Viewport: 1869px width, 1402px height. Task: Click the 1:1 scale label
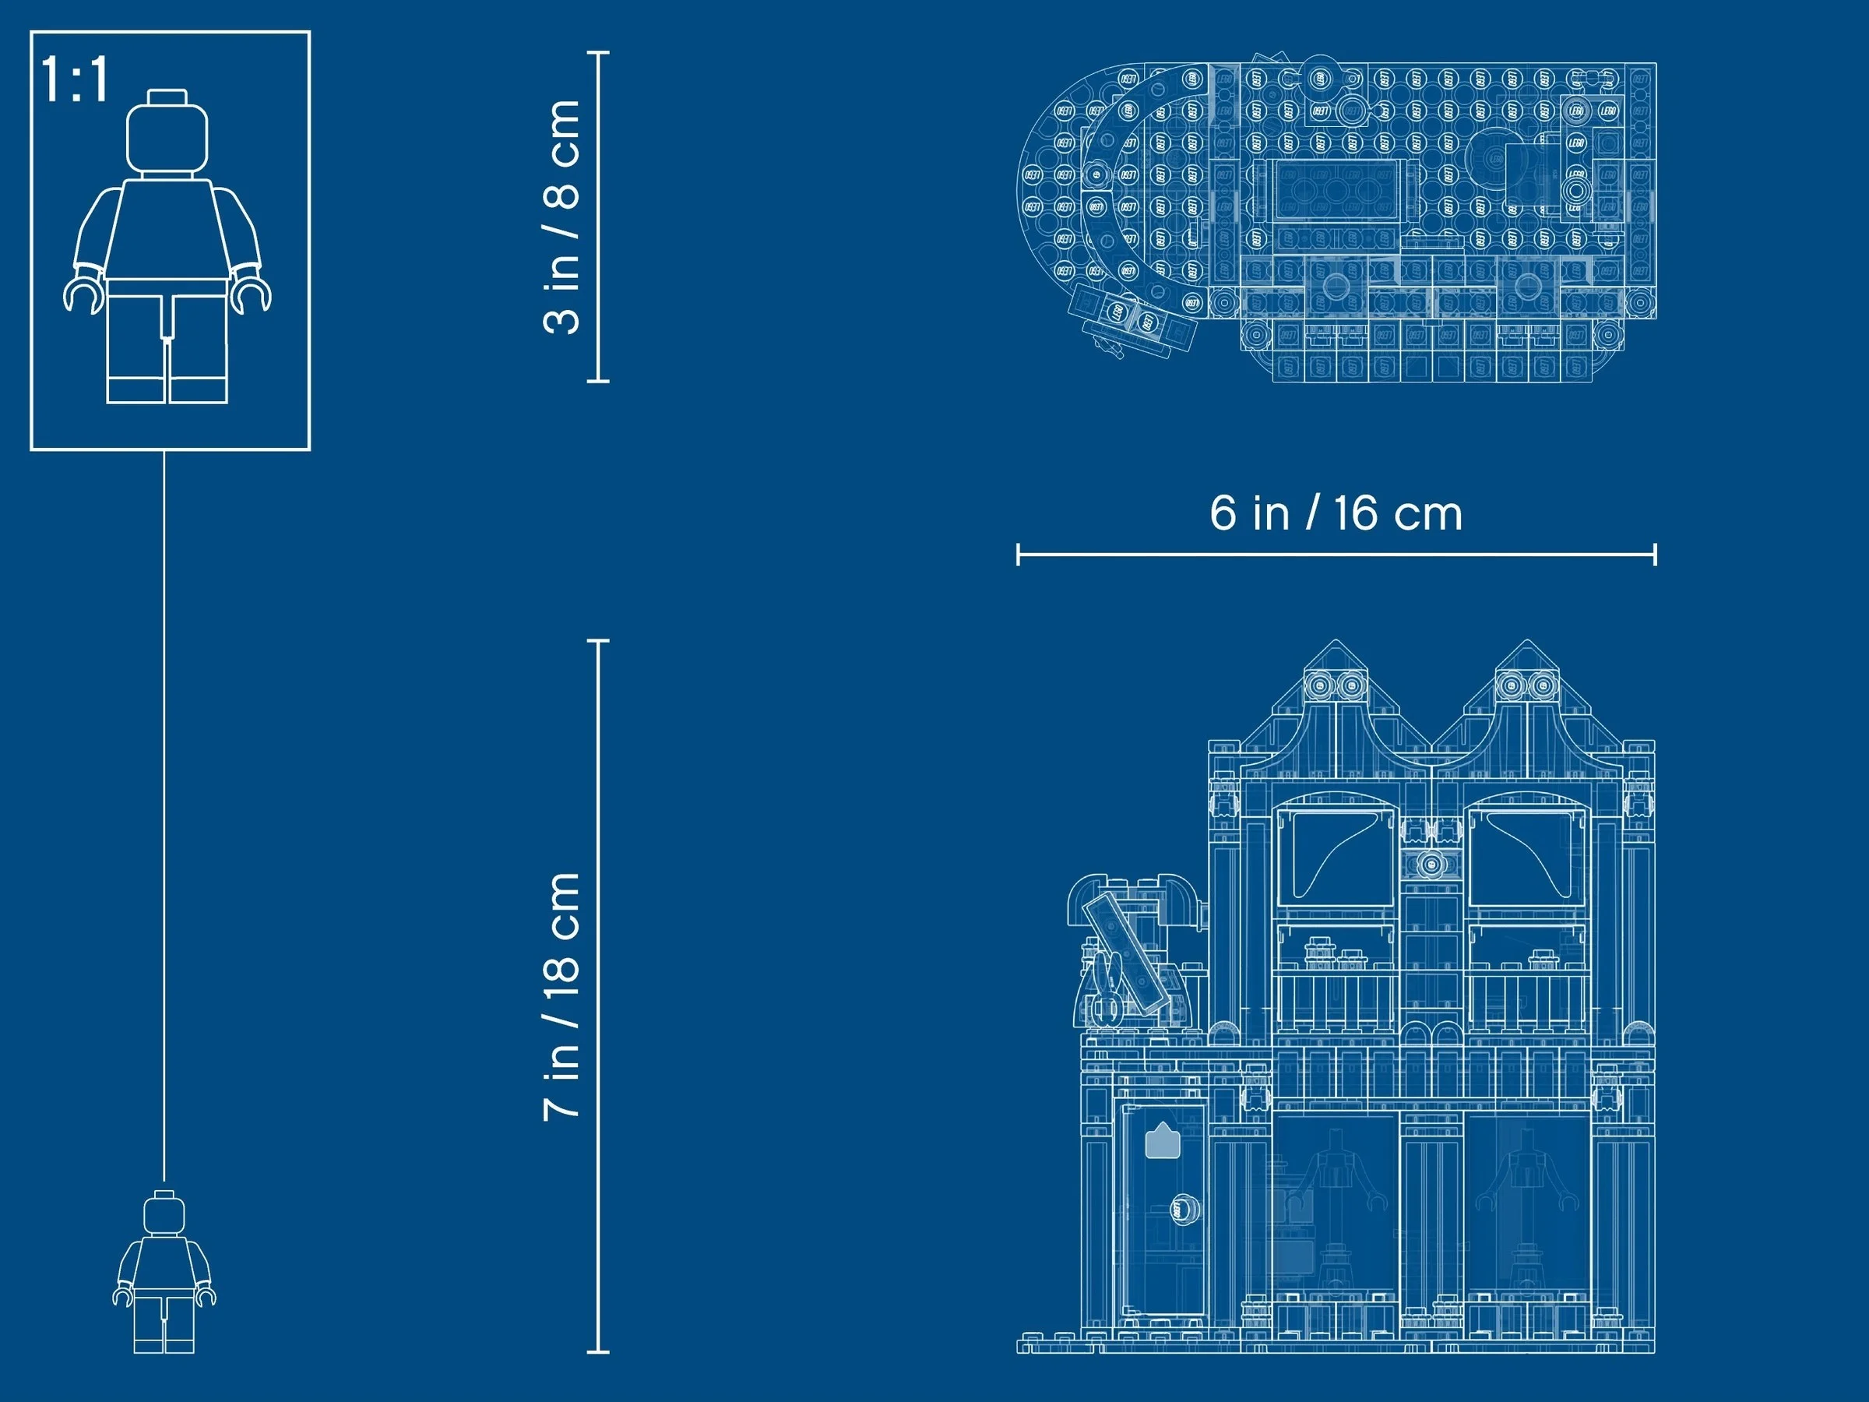point(74,81)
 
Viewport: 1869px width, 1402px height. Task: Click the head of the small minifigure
point(164,1214)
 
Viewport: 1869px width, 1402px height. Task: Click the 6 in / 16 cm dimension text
point(1336,513)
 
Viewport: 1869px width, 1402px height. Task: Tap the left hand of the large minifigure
point(82,296)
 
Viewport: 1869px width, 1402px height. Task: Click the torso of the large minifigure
point(167,228)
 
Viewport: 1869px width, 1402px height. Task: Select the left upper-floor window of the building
point(1335,858)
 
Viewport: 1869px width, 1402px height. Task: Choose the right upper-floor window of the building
point(1525,858)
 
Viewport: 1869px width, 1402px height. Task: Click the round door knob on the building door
point(1184,1210)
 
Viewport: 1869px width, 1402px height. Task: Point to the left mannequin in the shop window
point(1336,1200)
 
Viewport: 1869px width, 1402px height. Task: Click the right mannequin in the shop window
point(1526,1200)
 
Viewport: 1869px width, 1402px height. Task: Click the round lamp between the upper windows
point(1431,865)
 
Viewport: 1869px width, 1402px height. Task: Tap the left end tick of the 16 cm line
point(1018,555)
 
